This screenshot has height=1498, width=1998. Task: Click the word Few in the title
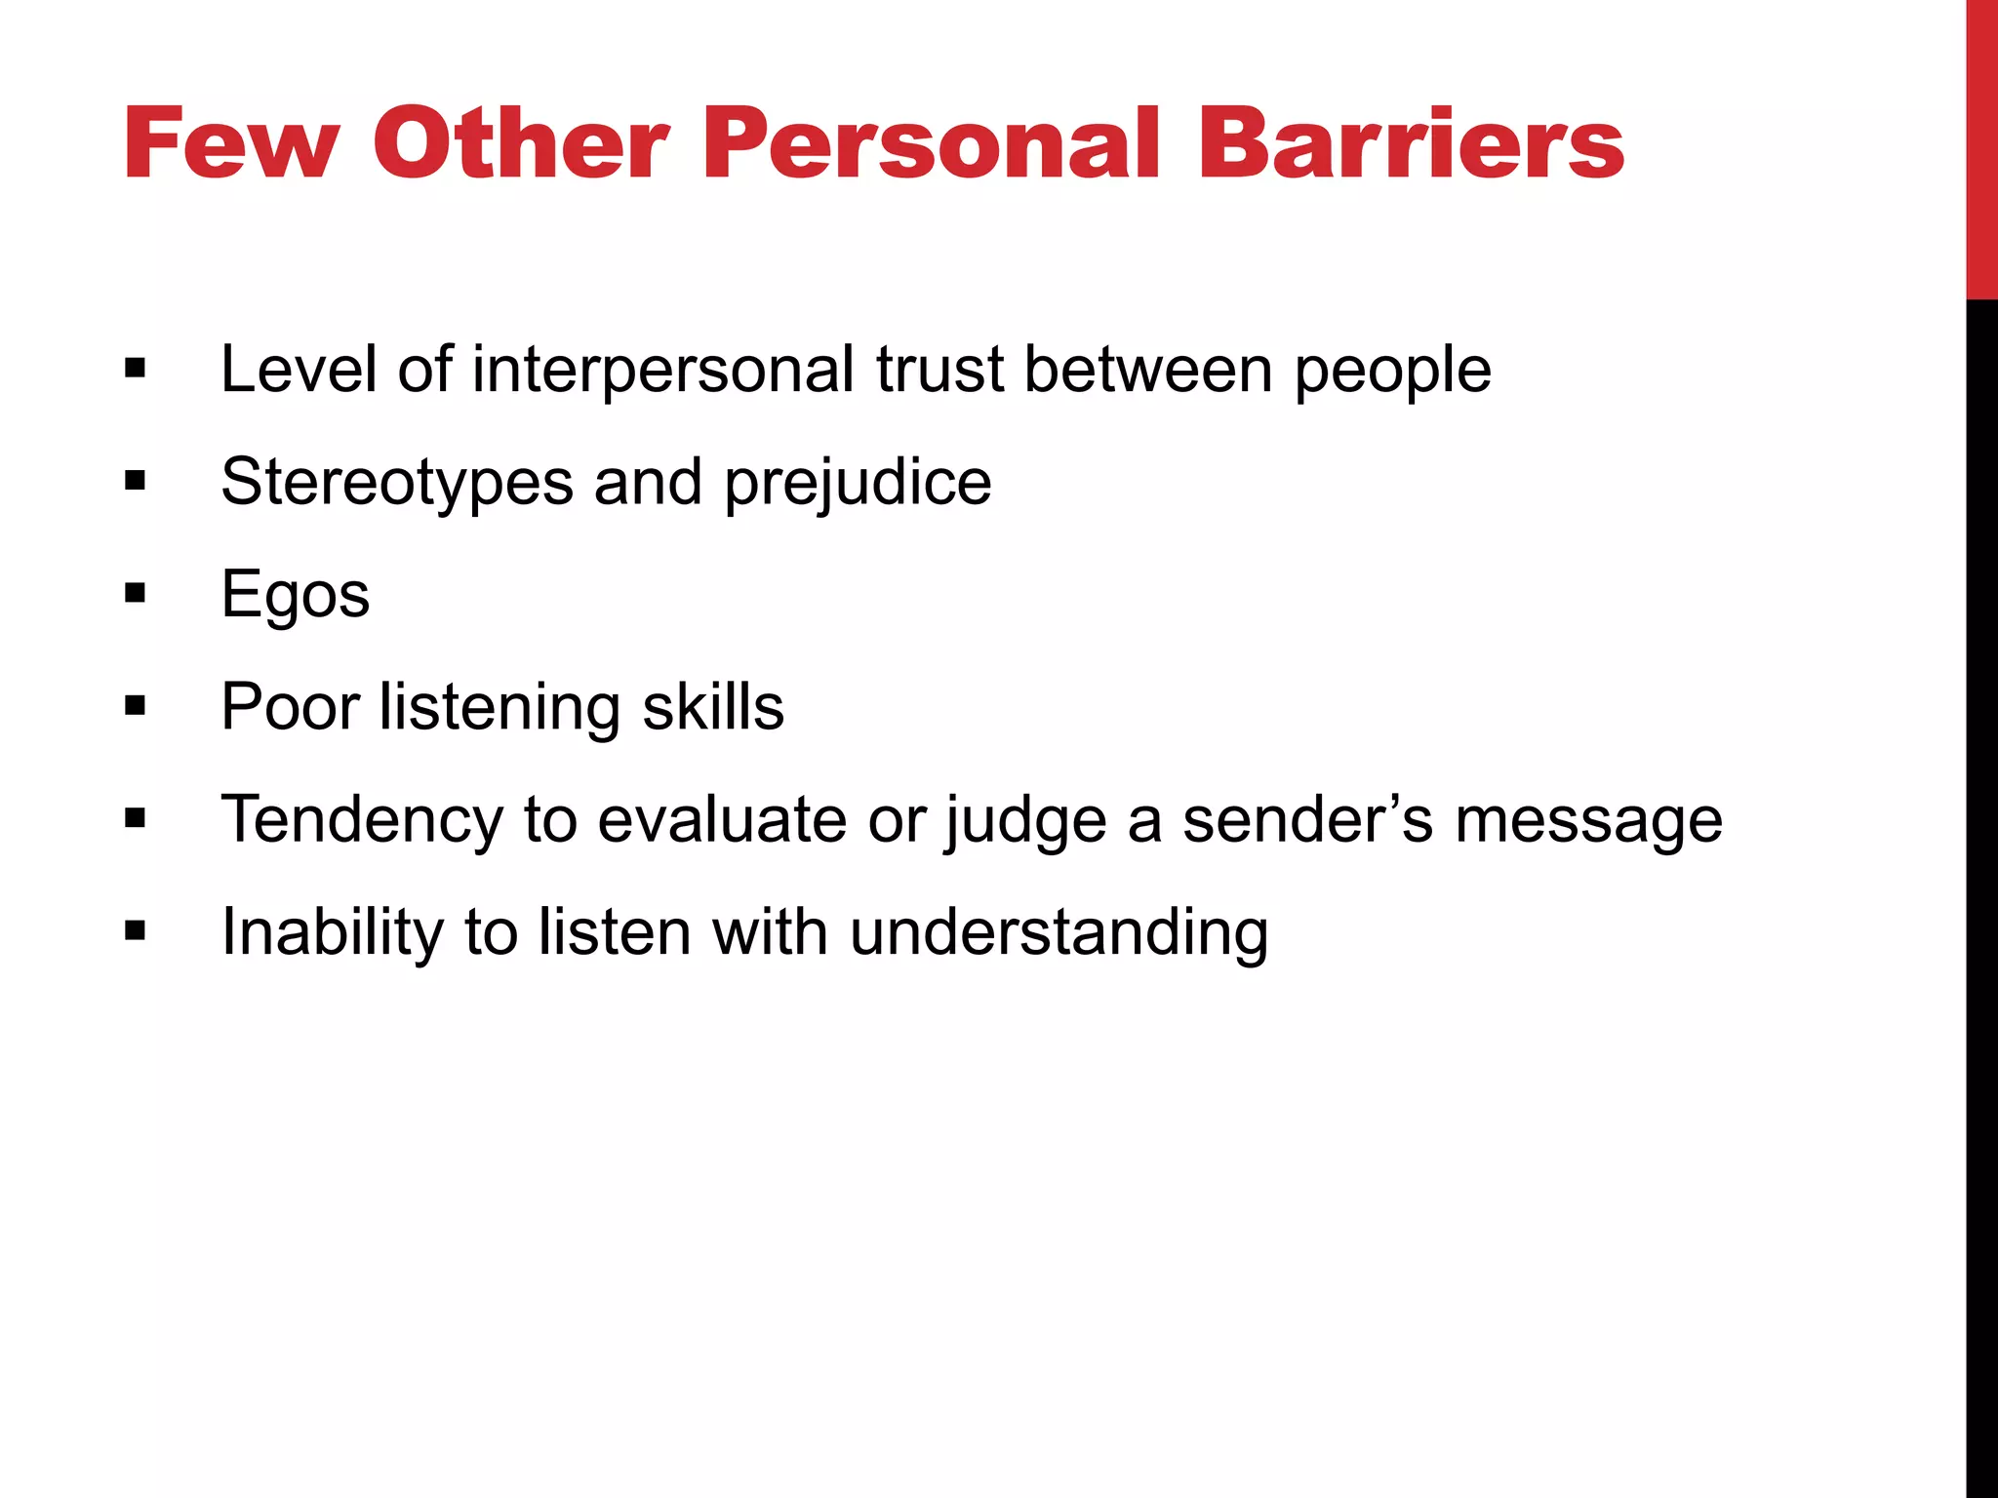[x=231, y=144]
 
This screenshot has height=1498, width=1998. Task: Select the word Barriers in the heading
[x=1410, y=144]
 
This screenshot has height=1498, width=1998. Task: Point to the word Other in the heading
[x=521, y=144]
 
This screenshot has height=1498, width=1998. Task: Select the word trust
[x=939, y=371]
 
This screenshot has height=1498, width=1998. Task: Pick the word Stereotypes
[x=397, y=483]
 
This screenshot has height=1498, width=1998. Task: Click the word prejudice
[x=858, y=483]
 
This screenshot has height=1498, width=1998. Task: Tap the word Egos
[x=296, y=595]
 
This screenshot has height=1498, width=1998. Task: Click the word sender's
[x=1307, y=819]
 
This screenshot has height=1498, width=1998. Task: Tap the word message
[x=1588, y=821]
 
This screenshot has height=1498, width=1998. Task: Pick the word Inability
[x=332, y=932]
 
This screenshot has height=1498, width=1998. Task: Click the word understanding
[x=1059, y=932]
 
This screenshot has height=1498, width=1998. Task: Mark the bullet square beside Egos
[x=136, y=593]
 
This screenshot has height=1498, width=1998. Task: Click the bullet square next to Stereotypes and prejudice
[x=136, y=481]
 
